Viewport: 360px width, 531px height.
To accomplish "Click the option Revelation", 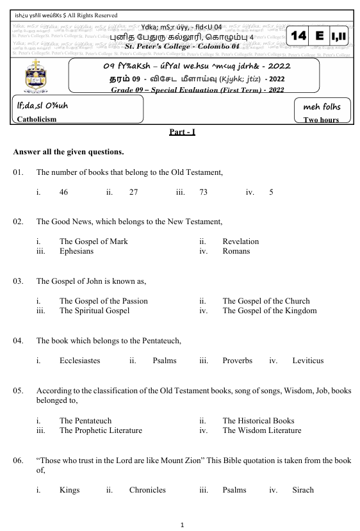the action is pos(240,241).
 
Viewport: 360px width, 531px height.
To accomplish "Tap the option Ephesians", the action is pos(76,251).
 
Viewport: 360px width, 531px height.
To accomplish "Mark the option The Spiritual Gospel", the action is pos(94,311).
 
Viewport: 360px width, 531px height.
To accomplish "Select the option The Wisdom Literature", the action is pos(261,430).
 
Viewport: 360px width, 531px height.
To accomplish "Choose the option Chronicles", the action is pos(147,490).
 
